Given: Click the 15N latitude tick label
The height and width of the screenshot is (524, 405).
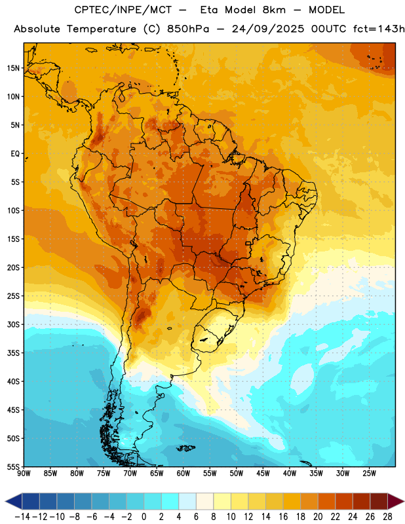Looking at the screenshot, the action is pos(13,68).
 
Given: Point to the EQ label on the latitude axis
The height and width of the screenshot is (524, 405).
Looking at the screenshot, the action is pos(15,154).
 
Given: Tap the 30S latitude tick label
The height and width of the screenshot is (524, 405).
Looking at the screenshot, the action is pos(13,324).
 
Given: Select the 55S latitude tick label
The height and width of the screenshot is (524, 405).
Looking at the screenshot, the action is pos(13,467).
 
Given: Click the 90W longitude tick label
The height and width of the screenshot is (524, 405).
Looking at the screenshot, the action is pos(24,474).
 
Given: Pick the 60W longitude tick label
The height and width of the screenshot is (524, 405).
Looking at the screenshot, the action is pos(183,474).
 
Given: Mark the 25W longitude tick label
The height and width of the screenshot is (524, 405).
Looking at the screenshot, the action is pos(369,474).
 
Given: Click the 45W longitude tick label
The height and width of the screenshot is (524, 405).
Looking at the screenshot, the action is pos(263,474).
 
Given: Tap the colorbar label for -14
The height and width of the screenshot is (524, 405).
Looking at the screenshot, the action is pos(22,517).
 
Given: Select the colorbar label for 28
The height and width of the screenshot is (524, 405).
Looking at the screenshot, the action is pos(387,517).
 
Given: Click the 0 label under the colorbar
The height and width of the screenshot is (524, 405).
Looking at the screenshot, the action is pos(144,517).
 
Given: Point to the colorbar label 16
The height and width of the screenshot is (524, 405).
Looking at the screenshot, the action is pos(283,517).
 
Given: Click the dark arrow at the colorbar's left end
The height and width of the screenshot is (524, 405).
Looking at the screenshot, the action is pos(14,501).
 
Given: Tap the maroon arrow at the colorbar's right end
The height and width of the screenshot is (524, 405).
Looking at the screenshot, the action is pos(396,501).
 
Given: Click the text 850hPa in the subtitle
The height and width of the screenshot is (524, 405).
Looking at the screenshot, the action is pos(188,29).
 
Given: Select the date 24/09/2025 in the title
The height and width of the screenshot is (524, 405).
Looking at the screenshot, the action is pos(268,29).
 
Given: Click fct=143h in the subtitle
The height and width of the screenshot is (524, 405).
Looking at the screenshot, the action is pos(379,29).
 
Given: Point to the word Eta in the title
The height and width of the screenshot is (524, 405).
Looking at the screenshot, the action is pos(209,10).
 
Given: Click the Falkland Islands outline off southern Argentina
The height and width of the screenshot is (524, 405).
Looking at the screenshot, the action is pos(185,448).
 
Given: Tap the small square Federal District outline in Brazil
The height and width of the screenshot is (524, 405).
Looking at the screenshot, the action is pos(248,243).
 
